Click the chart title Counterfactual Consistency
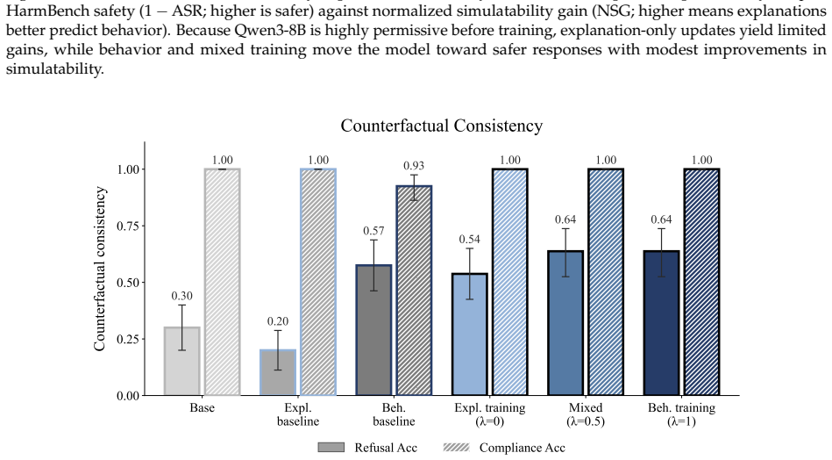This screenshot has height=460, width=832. pyautogui.click(x=442, y=126)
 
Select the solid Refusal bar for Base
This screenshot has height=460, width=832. pyautogui.click(x=182, y=361)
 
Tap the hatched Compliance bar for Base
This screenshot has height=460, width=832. pyautogui.click(x=223, y=282)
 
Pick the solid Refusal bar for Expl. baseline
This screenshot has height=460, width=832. pyautogui.click(x=278, y=372)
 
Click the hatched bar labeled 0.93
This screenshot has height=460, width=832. pyautogui.click(x=414, y=290)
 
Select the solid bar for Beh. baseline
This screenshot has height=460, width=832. pyautogui.click(x=374, y=330)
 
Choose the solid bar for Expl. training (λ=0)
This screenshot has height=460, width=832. pyautogui.click(x=470, y=334)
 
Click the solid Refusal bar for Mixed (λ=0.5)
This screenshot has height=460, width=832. pyautogui.click(x=565, y=323)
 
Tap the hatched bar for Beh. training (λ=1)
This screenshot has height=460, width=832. pyautogui.click(x=701, y=282)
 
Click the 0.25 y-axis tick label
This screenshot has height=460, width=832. pyautogui.click(x=128, y=340)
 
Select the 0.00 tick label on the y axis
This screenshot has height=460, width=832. pyautogui.click(x=128, y=396)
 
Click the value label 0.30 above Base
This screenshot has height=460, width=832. pyautogui.click(x=182, y=297)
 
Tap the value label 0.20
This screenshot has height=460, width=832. pyautogui.click(x=278, y=321)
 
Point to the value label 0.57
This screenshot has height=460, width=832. pyautogui.click(x=374, y=231)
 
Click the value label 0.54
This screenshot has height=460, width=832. pyautogui.click(x=470, y=240)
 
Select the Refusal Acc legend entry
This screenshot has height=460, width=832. pyautogui.click(x=367, y=448)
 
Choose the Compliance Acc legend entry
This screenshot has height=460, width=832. pyautogui.click(x=505, y=448)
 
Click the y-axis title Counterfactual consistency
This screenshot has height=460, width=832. pyautogui.click(x=100, y=269)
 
